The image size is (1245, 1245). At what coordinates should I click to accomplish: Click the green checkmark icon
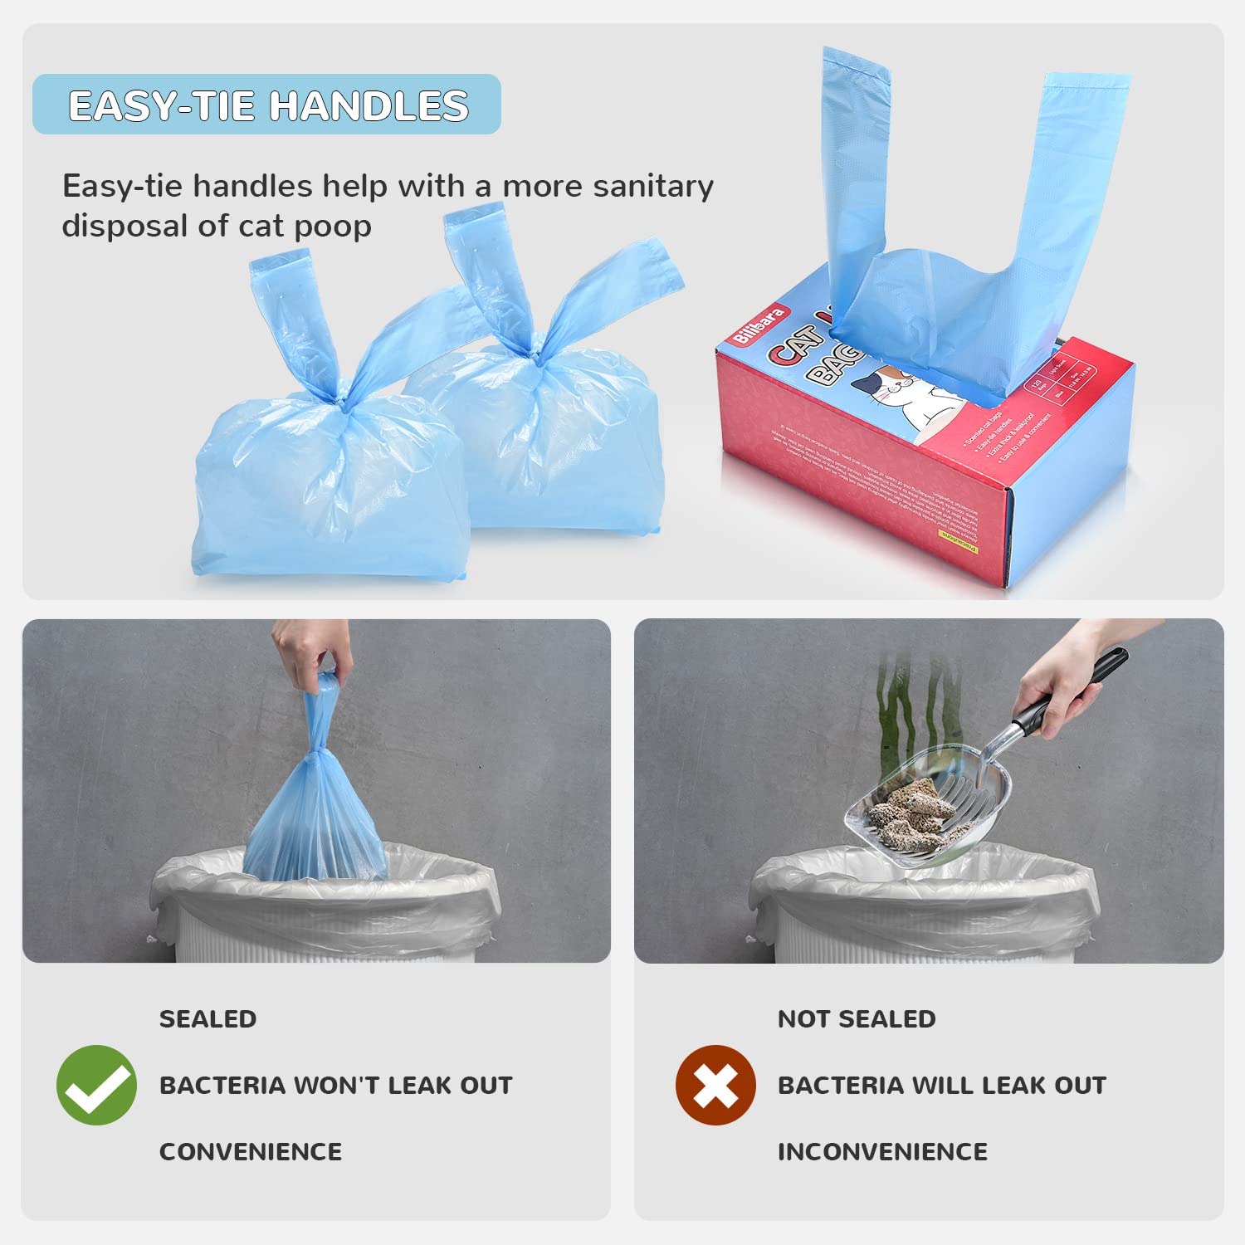(x=96, y=1085)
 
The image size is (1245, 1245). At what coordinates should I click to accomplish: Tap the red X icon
(x=715, y=1085)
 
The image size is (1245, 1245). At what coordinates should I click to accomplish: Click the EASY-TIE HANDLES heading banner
(x=267, y=105)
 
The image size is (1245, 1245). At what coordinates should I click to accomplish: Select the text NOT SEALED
(x=857, y=1019)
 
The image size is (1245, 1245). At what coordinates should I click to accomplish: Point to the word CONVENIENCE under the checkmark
(x=251, y=1152)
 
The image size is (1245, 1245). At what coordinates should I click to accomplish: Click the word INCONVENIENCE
(x=882, y=1152)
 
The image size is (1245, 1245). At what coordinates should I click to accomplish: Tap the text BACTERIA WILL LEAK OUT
(x=942, y=1086)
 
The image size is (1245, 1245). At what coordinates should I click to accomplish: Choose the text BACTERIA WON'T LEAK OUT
(x=336, y=1086)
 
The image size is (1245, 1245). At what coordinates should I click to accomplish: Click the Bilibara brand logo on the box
(x=759, y=325)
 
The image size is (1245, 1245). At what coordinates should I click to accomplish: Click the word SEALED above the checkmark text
(x=207, y=1019)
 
